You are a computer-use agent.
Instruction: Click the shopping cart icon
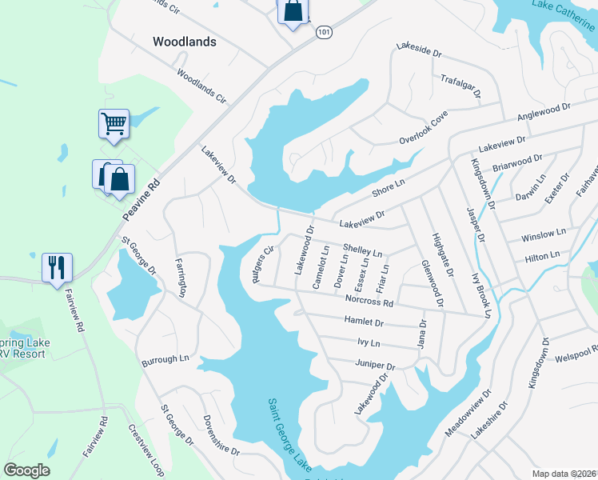114,125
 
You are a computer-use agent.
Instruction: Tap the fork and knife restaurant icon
57,267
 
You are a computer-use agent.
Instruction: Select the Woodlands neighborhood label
185,42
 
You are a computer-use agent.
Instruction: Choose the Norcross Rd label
369,302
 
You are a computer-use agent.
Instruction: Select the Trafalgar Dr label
460,86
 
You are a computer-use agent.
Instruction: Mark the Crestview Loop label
146,447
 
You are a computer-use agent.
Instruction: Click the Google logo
26,470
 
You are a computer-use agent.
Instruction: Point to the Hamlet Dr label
364,322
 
